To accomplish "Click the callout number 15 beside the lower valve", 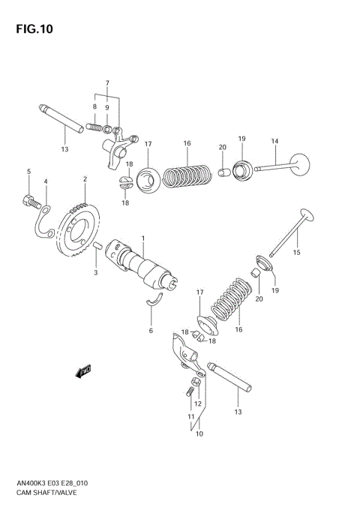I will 296,253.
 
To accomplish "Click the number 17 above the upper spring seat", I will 148,144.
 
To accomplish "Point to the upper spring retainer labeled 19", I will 241,171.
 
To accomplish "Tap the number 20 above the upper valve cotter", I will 221,147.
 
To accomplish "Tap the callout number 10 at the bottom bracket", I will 199,433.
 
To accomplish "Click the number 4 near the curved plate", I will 45,181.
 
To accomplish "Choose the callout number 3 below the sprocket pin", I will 95,272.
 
